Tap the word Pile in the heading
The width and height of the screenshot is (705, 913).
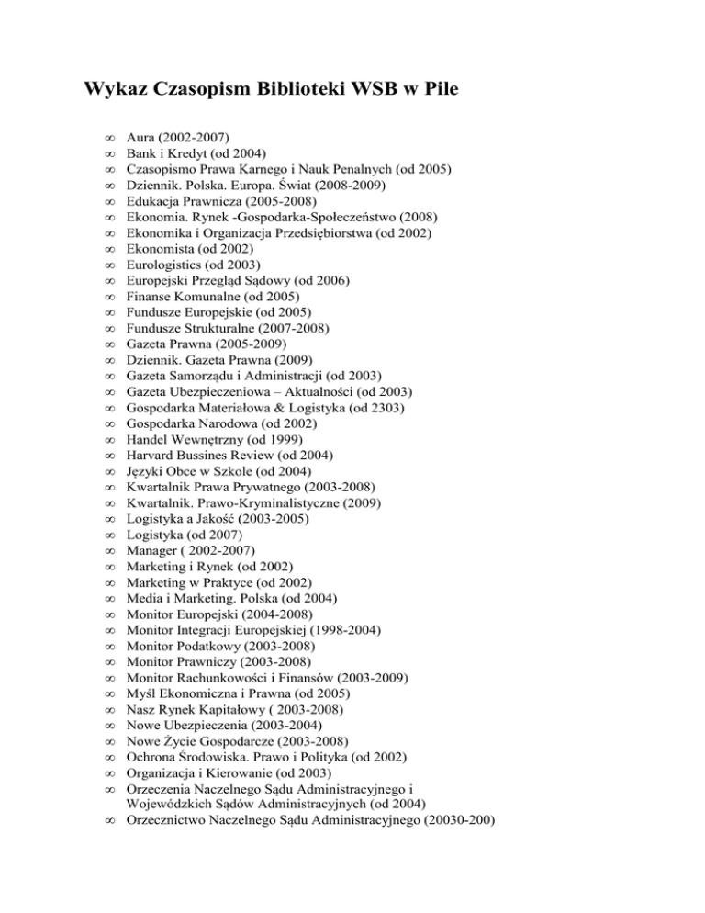[x=425, y=92]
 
